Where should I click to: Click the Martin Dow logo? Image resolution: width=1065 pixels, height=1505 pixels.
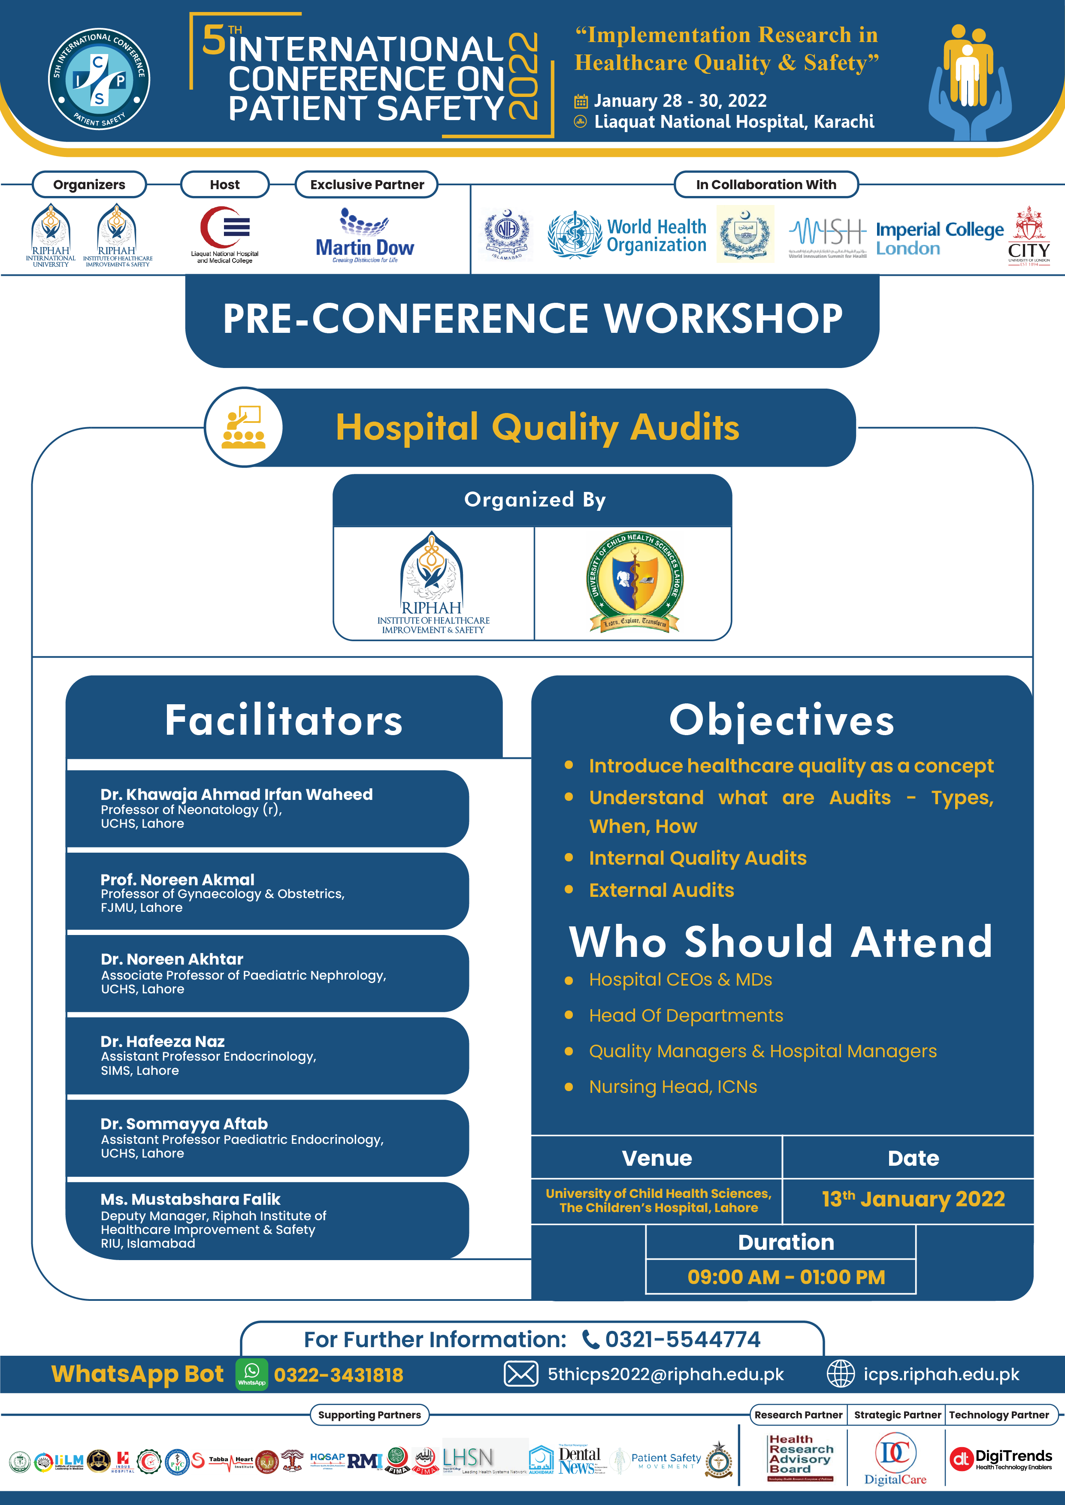pyautogui.click(x=365, y=235)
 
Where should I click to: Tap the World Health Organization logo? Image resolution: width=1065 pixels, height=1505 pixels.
pyautogui.click(x=627, y=235)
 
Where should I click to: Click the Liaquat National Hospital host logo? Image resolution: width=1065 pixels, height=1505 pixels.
pyautogui.click(x=225, y=234)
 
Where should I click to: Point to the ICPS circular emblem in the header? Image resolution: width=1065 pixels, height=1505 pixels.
pyautogui.click(x=99, y=78)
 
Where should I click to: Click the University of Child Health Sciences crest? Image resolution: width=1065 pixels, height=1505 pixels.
pyautogui.click(x=634, y=582)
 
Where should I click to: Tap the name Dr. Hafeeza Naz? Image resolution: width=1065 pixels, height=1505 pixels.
pyautogui.click(x=163, y=1041)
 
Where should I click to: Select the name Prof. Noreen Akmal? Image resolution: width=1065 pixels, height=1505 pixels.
pyautogui.click(x=177, y=879)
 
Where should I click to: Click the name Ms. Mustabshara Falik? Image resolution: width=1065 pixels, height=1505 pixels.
pyautogui.click(x=190, y=1199)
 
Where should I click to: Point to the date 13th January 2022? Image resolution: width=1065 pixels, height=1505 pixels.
pyautogui.click(x=913, y=1199)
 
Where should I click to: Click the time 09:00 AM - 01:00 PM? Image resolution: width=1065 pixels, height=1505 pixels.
pyautogui.click(x=786, y=1277)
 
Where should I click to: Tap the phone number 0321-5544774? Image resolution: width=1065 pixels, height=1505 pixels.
pyautogui.click(x=682, y=1339)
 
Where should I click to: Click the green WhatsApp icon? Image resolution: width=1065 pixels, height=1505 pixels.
pyautogui.click(x=252, y=1374)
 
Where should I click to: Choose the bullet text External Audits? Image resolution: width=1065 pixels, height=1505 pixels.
pyautogui.click(x=661, y=890)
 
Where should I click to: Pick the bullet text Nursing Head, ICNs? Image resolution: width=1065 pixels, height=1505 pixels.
pyautogui.click(x=673, y=1087)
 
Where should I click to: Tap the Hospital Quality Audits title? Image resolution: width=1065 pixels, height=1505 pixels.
pyautogui.click(x=537, y=427)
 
